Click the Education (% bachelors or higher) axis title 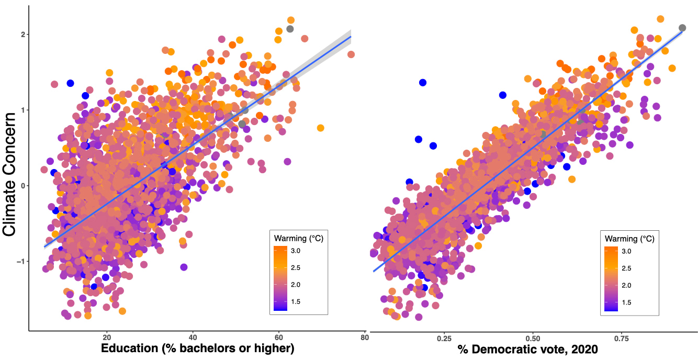(198, 348)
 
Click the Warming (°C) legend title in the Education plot (298, 238)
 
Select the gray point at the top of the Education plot (290, 29)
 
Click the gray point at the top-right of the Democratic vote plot (682, 28)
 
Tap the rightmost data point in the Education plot (351, 54)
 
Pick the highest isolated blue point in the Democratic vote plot (423, 82)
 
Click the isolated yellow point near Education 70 (320, 128)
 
